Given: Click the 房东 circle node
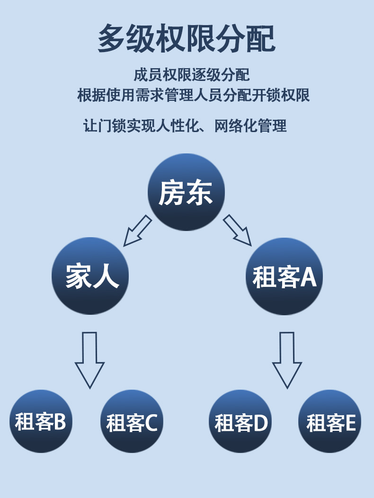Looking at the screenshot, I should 186,192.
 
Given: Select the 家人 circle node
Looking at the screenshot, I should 90,276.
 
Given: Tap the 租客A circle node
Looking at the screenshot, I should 284,276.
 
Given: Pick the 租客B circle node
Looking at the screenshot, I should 41,421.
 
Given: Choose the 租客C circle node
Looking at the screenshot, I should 132,421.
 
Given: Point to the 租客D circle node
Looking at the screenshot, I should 240,421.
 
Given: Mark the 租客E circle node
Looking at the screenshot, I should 330,421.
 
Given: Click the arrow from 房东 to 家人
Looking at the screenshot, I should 137,231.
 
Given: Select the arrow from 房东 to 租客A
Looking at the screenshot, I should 238,231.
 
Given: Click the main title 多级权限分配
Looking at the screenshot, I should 187,38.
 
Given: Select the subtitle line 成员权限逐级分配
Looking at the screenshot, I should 191,75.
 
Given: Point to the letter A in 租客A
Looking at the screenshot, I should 308,277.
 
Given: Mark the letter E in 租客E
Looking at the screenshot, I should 350,423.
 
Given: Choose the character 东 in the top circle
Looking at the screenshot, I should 200,193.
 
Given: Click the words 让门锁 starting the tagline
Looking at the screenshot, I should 104,126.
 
